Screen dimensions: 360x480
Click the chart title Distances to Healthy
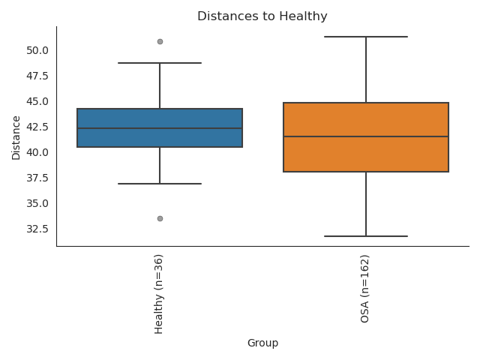[262, 16]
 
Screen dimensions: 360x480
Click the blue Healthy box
[160, 118]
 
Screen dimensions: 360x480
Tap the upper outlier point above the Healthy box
[160, 41]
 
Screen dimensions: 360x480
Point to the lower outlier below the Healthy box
[160, 218]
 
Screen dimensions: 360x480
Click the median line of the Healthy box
[160, 128]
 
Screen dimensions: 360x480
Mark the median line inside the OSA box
[366, 136]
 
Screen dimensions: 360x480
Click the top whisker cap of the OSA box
[366, 37]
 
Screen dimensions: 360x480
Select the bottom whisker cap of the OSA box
[366, 236]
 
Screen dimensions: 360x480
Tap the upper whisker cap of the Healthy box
[160, 63]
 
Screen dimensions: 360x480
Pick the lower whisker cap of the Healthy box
[160, 184]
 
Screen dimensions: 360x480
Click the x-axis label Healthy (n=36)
[159, 293]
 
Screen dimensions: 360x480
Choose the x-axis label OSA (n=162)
[365, 289]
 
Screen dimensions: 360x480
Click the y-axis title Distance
[16, 136]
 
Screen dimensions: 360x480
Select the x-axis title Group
[262, 343]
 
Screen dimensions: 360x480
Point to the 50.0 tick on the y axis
[37, 50]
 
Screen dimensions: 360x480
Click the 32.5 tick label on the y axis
[37, 229]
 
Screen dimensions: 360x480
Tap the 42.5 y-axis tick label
[37, 127]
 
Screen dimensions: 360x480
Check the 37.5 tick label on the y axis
[37, 178]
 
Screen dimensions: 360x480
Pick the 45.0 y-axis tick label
[37, 101]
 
